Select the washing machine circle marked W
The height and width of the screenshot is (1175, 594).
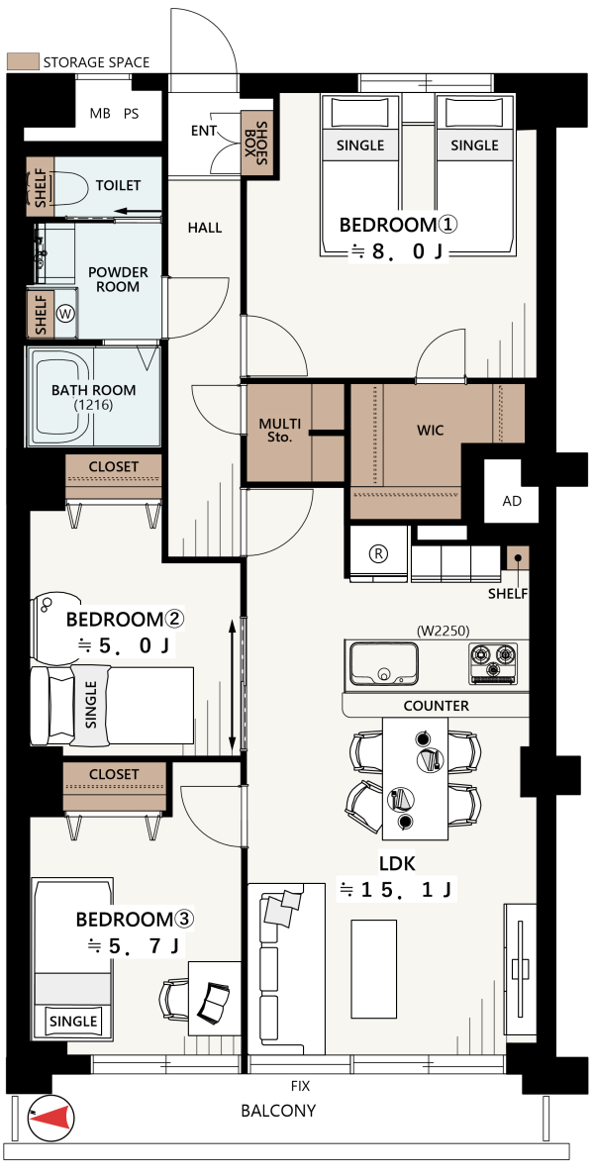pos(66,314)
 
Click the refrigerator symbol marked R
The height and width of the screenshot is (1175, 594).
pos(379,553)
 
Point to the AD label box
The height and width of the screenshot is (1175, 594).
pos(512,501)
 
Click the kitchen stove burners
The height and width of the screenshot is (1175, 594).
pos(493,662)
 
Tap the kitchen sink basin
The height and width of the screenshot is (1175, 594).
pos(384,662)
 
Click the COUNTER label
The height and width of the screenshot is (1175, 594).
pos(436,706)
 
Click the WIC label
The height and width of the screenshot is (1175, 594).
pos(431,431)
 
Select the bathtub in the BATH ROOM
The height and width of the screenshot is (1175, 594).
pos(62,397)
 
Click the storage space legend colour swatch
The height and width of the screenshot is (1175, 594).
pos(21,62)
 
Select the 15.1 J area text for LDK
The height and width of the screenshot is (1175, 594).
pos(395,890)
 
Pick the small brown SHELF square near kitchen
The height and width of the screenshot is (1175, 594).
pos(518,558)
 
